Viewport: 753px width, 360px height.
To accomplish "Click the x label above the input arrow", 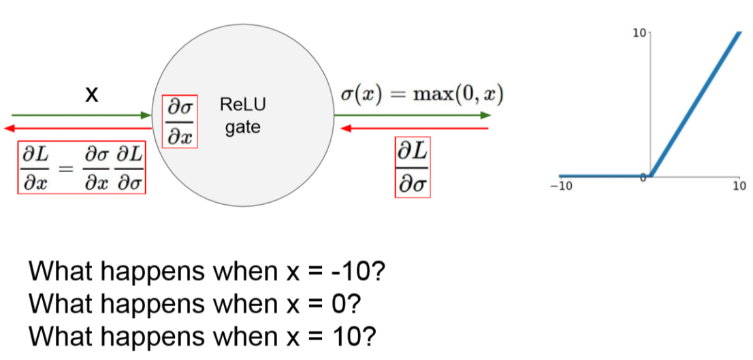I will (x=91, y=95).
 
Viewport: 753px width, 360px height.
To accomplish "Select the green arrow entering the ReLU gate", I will (x=82, y=116).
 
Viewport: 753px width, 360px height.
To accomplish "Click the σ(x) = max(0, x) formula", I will (x=421, y=95).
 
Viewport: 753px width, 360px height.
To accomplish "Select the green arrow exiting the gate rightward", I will (x=412, y=116).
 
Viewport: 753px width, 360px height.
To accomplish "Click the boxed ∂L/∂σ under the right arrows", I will (x=413, y=167).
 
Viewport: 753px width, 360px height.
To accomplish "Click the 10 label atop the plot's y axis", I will (x=639, y=33).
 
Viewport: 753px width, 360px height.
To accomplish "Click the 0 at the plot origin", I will (x=643, y=178).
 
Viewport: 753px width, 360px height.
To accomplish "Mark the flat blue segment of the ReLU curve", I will (x=603, y=176).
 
